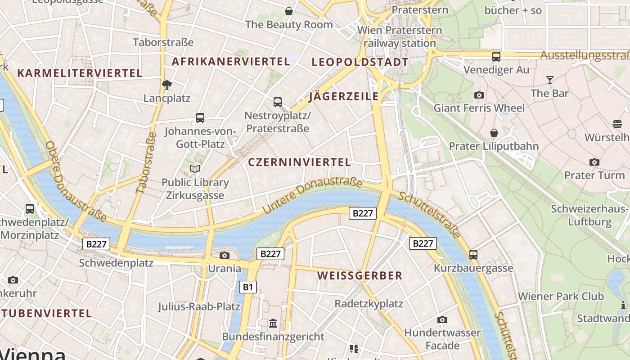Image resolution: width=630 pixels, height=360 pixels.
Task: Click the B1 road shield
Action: point(247,287)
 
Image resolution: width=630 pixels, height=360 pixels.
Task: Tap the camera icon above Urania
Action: point(224,256)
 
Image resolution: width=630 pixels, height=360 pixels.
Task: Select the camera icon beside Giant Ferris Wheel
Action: point(479,95)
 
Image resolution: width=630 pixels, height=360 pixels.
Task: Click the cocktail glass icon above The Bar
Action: point(549,80)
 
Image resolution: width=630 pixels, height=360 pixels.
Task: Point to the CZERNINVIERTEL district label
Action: point(299,162)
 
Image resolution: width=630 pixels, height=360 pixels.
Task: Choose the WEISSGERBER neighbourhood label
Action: point(360,276)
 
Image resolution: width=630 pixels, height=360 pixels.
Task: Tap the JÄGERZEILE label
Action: point(344,96)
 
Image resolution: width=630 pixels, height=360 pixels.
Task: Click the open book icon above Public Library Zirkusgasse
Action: point(195,169)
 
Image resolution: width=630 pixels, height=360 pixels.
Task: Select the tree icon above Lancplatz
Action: point(167,85)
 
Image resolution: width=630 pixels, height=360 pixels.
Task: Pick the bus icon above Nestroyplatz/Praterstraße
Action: point(278,102)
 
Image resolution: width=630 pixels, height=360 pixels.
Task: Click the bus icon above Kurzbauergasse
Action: point(473,255)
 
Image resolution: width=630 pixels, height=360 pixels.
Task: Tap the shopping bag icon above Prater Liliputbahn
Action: point(494,133)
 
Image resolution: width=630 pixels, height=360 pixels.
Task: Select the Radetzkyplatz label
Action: point(369,304)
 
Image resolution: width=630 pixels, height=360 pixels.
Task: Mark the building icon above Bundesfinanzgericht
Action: point(273,323)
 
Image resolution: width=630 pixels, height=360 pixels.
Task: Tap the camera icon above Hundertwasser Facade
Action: point(442,319)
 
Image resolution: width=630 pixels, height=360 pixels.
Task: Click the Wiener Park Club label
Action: point(561,297)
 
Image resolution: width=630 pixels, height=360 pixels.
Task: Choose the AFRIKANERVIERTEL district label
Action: point(231,62)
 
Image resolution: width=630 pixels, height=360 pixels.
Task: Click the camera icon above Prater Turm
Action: point(594,162)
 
